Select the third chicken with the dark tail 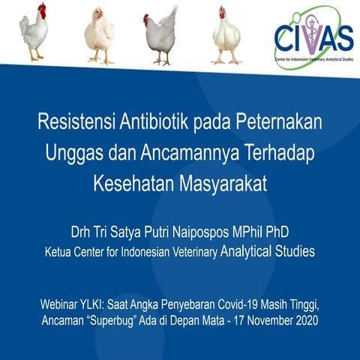pyautogui.click(x=161, y=34)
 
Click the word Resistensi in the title pyautogui.click(x=77, y=121)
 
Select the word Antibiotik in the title pyautogui.click(x=155, y=121)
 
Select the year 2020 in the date pyautogui.click(x=304, y=321)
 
